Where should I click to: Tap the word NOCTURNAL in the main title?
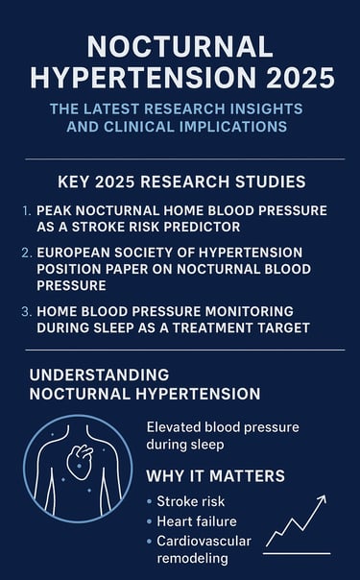180,45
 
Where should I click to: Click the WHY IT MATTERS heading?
214,476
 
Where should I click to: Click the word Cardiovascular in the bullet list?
204,541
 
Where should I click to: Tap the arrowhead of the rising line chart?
323,499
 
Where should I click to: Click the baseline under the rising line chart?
297,554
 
